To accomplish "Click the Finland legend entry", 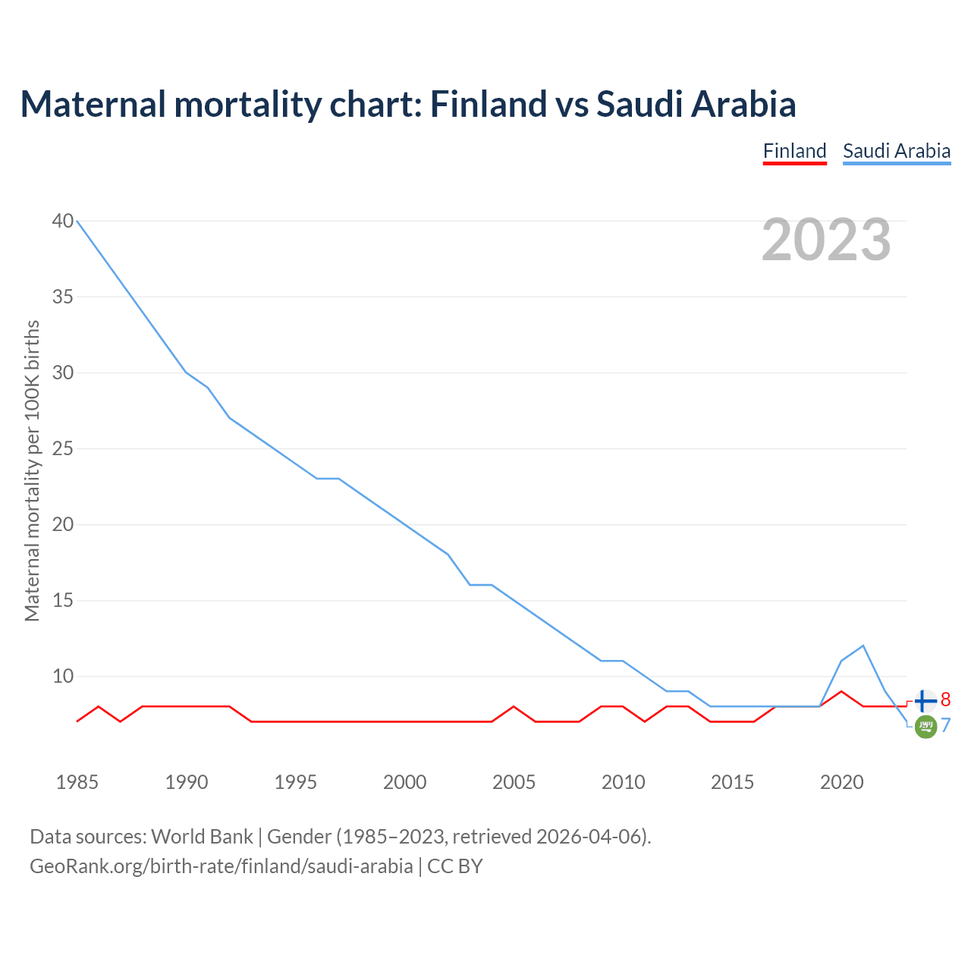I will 794,151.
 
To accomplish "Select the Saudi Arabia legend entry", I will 897,151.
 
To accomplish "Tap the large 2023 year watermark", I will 826,240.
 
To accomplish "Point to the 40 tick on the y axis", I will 63,221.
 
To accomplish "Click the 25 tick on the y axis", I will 63,448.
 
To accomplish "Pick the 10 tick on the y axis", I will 63,676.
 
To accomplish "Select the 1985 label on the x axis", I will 77,782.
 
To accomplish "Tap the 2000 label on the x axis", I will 405,782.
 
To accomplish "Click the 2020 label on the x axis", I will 842,782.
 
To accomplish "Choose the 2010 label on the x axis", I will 624,782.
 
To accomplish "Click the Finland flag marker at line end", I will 925,702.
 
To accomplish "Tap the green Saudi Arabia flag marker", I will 925,727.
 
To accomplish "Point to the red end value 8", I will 945,699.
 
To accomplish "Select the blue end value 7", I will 945,726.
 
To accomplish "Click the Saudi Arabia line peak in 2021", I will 863,646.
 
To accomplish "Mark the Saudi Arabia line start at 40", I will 77,221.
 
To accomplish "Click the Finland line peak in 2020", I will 841,691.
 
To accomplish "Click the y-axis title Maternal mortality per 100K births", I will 32,470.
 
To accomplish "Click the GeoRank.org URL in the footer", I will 221,866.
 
